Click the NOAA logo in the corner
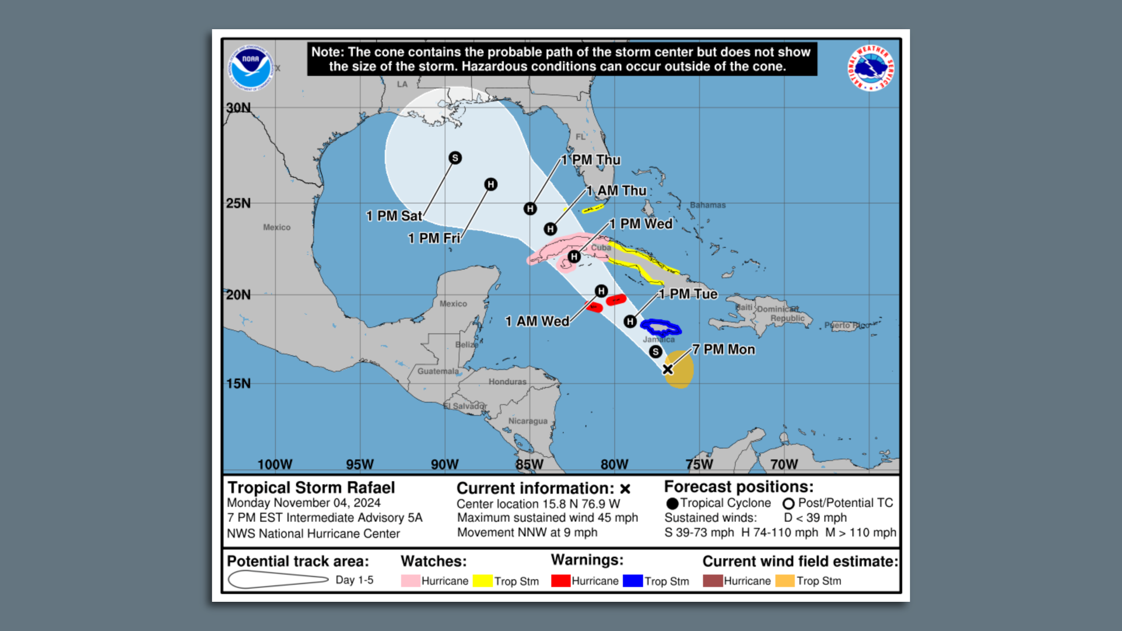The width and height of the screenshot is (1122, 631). click(251, 68)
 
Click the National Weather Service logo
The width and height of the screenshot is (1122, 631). click(871, 68)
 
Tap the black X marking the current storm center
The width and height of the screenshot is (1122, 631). click(667, 369)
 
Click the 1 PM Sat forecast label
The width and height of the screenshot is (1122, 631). click(393, 216)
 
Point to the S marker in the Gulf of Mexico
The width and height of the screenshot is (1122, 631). click(455, 158)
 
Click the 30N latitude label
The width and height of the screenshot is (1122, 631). click(238, 108)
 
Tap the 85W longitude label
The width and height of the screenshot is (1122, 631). click(529, 464)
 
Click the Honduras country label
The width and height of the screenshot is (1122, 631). click(507, 382)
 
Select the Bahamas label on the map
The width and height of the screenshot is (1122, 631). click(708, 205)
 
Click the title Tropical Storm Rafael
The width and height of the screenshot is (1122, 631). click(311, 487)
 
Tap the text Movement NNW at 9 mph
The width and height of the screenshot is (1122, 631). click(527, 532)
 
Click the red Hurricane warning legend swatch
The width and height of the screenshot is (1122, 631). click(560, 581)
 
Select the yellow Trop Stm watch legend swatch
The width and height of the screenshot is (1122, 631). click(483, 581)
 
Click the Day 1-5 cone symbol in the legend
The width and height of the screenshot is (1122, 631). click(278, 580)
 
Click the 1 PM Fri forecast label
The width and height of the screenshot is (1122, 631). click(434, 238)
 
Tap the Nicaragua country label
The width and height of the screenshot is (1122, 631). click(528, 421)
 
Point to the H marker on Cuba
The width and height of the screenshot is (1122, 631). click(574, 256)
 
